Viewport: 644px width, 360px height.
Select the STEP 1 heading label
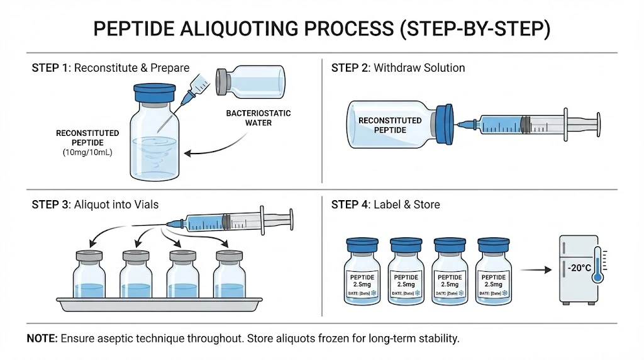tap(52, 68)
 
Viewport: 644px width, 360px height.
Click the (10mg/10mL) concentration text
tap(87, 152)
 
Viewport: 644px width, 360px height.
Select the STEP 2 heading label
tap(351, 68)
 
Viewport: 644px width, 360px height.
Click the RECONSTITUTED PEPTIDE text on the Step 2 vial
tap(389, 125)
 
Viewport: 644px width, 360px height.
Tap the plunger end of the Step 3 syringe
tap(289, 219)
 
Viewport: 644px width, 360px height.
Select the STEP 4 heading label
tap(351, 204)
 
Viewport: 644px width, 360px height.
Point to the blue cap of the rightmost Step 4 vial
tap(494, 244)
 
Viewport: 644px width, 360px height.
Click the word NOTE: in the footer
tap(42, 339)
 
